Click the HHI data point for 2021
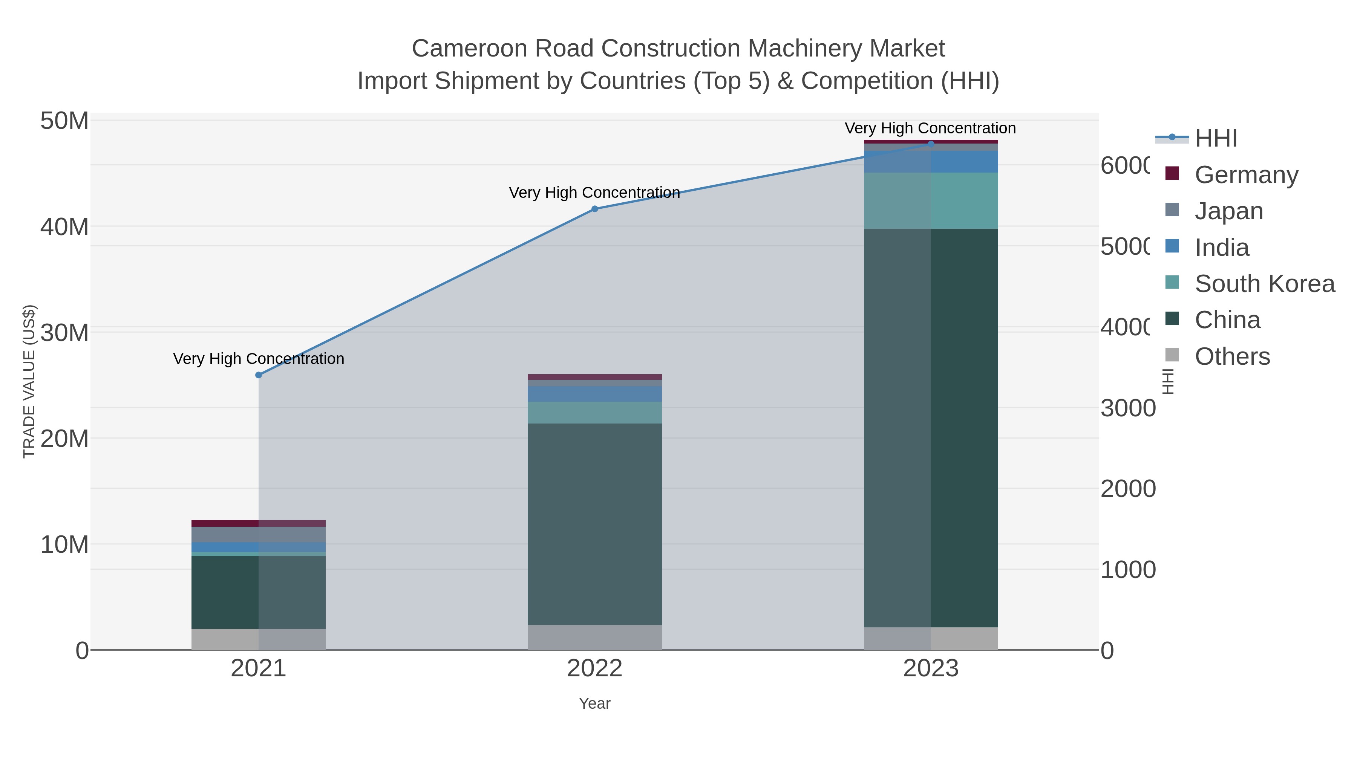(x=258, y=375)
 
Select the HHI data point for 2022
(x=595, y=209)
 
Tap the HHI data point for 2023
(x=931, y=144)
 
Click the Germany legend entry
(x=1247, y=175)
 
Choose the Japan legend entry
(x=1228, y=211)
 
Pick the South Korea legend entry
(x=1264, y=284)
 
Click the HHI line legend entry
(x=1216, y=139)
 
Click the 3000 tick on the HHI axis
(x=1127, y=408)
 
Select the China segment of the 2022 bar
(x=595, y=524)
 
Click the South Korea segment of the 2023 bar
(x=931, y=200)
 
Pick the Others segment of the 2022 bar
(x=595, y=637)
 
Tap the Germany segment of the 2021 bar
(x=258, y=523)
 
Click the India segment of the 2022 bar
(x=595, y=394)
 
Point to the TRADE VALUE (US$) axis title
(x=29, y=381)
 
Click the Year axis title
(x=595, y=703)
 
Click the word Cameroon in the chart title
(x=469, y=49)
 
